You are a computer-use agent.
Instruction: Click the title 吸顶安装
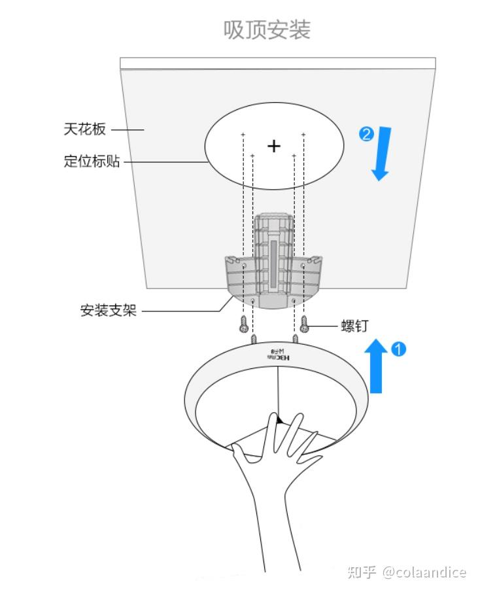[x=267, y=29]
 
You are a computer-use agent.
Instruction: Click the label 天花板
[x=84, y=129]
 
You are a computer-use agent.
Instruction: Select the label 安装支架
[x=109, y=311]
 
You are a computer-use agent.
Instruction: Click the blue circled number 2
[x=366, y=134]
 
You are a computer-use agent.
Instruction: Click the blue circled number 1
[x=398, y=349]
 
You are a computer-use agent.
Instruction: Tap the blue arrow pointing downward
[x=382, y=154]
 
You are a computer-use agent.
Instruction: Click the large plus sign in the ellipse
[x=274, y=145]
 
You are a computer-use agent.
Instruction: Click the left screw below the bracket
[x=244, y=322]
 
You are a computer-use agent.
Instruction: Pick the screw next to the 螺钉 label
[x=304, y=322]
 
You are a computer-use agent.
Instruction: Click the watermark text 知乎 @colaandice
[x=407, y=572]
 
